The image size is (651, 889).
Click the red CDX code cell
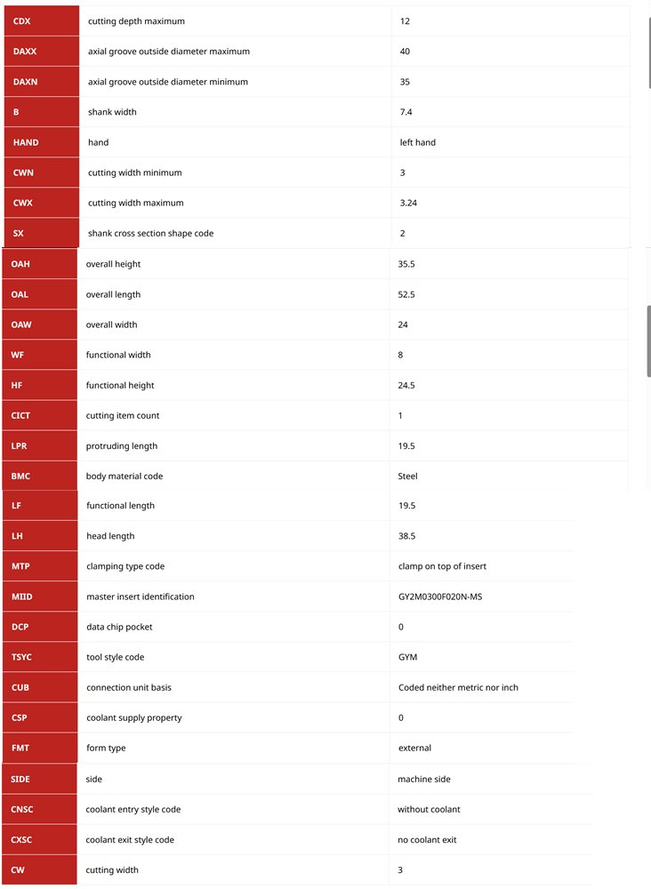click(42, 21)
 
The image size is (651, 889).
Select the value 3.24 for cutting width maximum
click(409, 203)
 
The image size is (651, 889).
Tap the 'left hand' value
click(418, 142)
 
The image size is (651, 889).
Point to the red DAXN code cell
click(42, 82)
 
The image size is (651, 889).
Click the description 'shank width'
click(112, 112)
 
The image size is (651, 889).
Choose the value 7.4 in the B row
click(406, 112)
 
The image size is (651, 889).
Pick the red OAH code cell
click(39, 264)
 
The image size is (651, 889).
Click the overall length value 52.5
click(406, 294)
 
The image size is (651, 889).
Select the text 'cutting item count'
click(123, 415)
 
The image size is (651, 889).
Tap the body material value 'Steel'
click(407, 476)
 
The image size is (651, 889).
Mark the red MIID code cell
click(39, 597)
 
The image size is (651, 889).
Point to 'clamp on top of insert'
click(442, 566)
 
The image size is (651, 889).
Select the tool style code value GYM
click(408, 657)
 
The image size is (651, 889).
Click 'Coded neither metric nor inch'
click(458, 687)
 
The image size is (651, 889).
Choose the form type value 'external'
click(415, 748)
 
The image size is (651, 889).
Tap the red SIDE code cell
click(39, 779)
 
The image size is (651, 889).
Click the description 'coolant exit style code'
click(130, 839)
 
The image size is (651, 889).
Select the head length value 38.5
click(407, 536)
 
